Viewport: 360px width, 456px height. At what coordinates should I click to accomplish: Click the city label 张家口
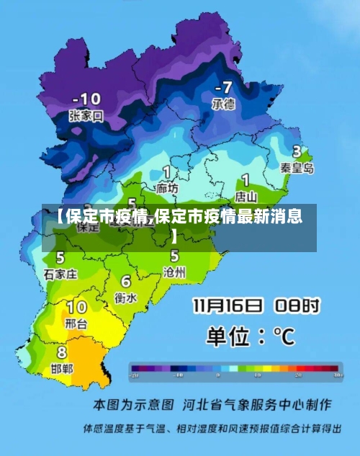tap(86, 115)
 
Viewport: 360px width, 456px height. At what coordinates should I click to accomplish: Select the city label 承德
tap(223, 104)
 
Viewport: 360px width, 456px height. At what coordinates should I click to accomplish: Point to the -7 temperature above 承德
tap(222, 88)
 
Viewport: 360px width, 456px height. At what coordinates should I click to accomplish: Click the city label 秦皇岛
tap(297, 168)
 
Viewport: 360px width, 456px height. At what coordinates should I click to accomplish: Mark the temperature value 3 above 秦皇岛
tap(297, 152)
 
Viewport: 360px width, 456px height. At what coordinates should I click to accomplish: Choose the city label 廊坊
tap(167, 188)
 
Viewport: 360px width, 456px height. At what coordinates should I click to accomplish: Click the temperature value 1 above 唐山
tap(246, 179)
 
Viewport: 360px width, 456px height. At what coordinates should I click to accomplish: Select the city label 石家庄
tap(60, 274)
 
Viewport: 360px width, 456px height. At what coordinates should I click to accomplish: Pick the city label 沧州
tap(175, 272)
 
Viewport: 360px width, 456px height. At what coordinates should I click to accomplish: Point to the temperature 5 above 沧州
tap(175, 256)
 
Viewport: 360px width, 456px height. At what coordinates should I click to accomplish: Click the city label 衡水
tap(126, 297)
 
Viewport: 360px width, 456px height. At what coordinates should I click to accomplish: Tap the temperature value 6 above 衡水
tap(126, 282)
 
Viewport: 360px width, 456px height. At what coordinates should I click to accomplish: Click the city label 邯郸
tap(62, 368)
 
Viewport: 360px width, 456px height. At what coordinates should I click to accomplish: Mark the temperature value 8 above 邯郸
tap(62, 353)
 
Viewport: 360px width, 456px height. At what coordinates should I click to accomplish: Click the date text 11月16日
tap(228, 306)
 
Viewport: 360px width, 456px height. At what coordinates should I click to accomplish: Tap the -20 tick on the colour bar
tap(135, 376)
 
